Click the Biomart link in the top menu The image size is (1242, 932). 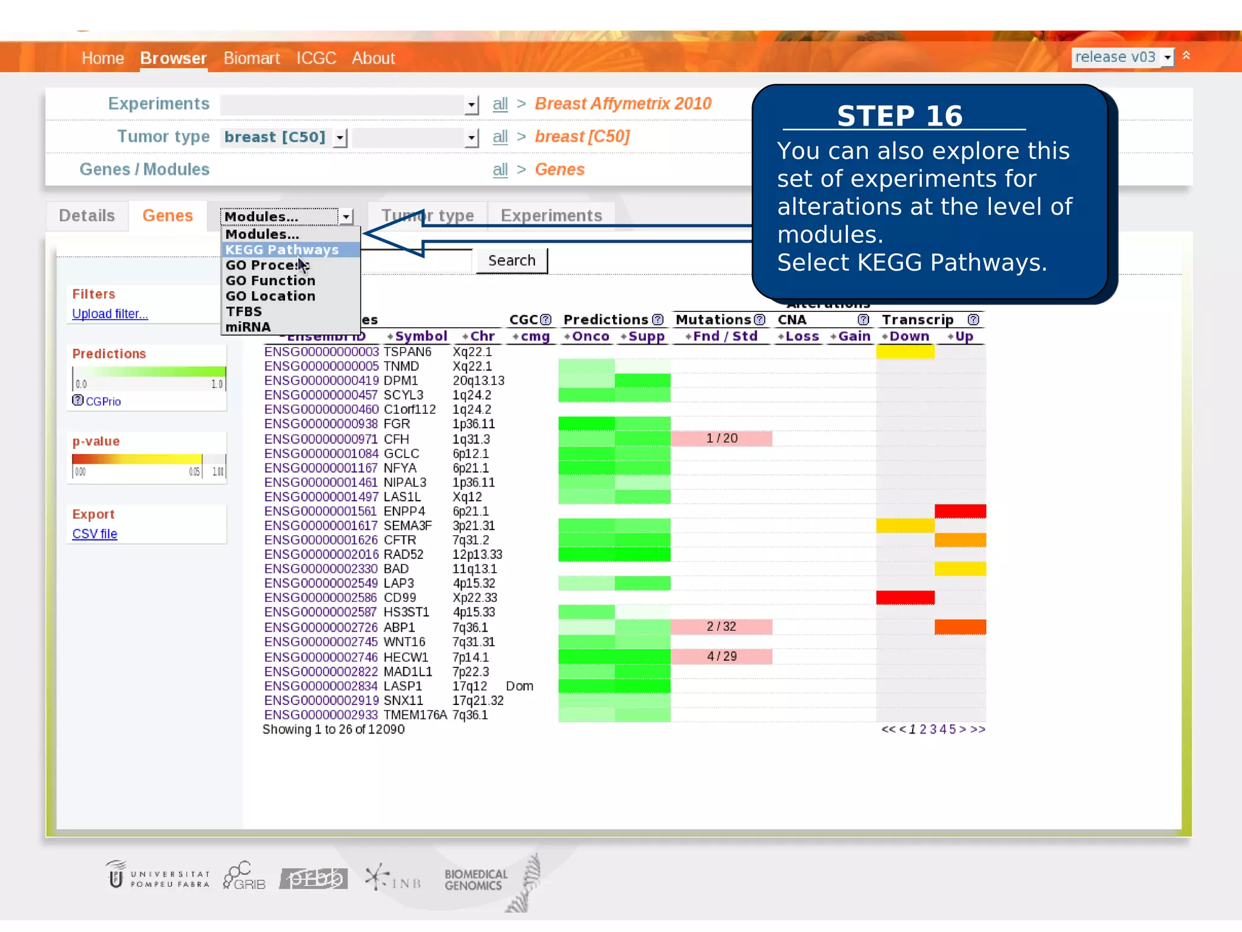coord(251,58)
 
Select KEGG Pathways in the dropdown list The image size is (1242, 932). coord(282,249)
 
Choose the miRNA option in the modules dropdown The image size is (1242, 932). coord(248,327)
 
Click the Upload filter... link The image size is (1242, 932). coord(110,314)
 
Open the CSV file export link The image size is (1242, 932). coord(95,534)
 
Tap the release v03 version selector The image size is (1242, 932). coord(1122,57)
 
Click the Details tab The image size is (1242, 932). coord(87,215)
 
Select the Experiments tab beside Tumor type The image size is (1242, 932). coord(551,215)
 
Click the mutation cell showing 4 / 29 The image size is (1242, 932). coord(721,657)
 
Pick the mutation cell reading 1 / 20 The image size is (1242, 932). coord(721,438)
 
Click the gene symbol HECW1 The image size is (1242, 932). coord(406,657)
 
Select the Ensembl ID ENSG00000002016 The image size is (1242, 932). coord(321,555)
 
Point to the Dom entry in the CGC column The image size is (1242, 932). coord(520,686)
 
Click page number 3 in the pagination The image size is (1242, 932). coord(933,729)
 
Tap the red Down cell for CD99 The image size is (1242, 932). coord(905,598)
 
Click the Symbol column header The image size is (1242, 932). coord(420,336)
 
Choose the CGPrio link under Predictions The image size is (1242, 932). coord(103,402)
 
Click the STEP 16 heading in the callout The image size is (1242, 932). coord(899,116)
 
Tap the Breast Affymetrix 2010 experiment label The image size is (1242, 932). coord(623,104)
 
